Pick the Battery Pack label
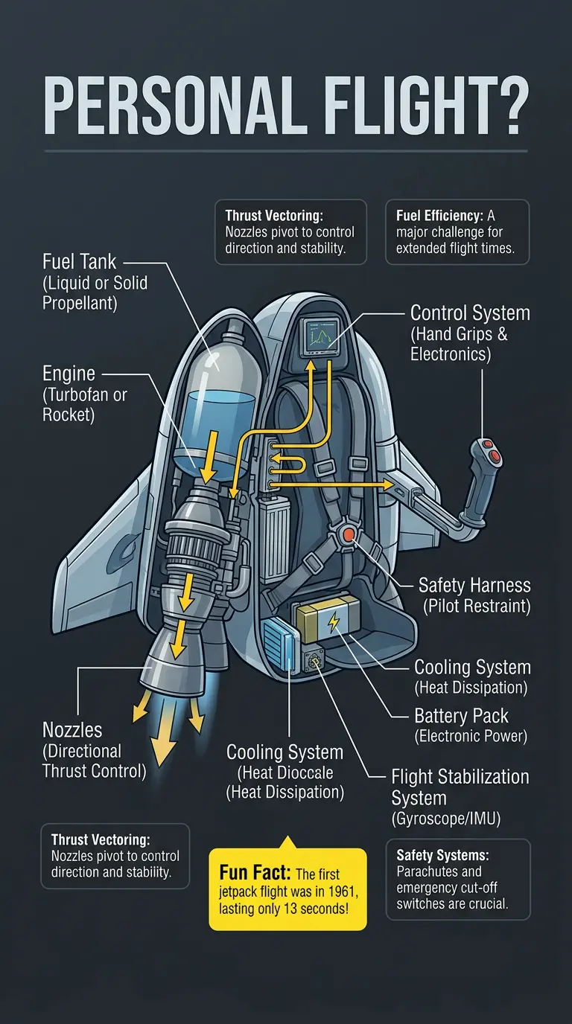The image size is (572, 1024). point(461,717)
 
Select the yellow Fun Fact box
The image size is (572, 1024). point(287,889)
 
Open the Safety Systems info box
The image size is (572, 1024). point(458,879)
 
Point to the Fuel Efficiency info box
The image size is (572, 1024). point(457,231)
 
